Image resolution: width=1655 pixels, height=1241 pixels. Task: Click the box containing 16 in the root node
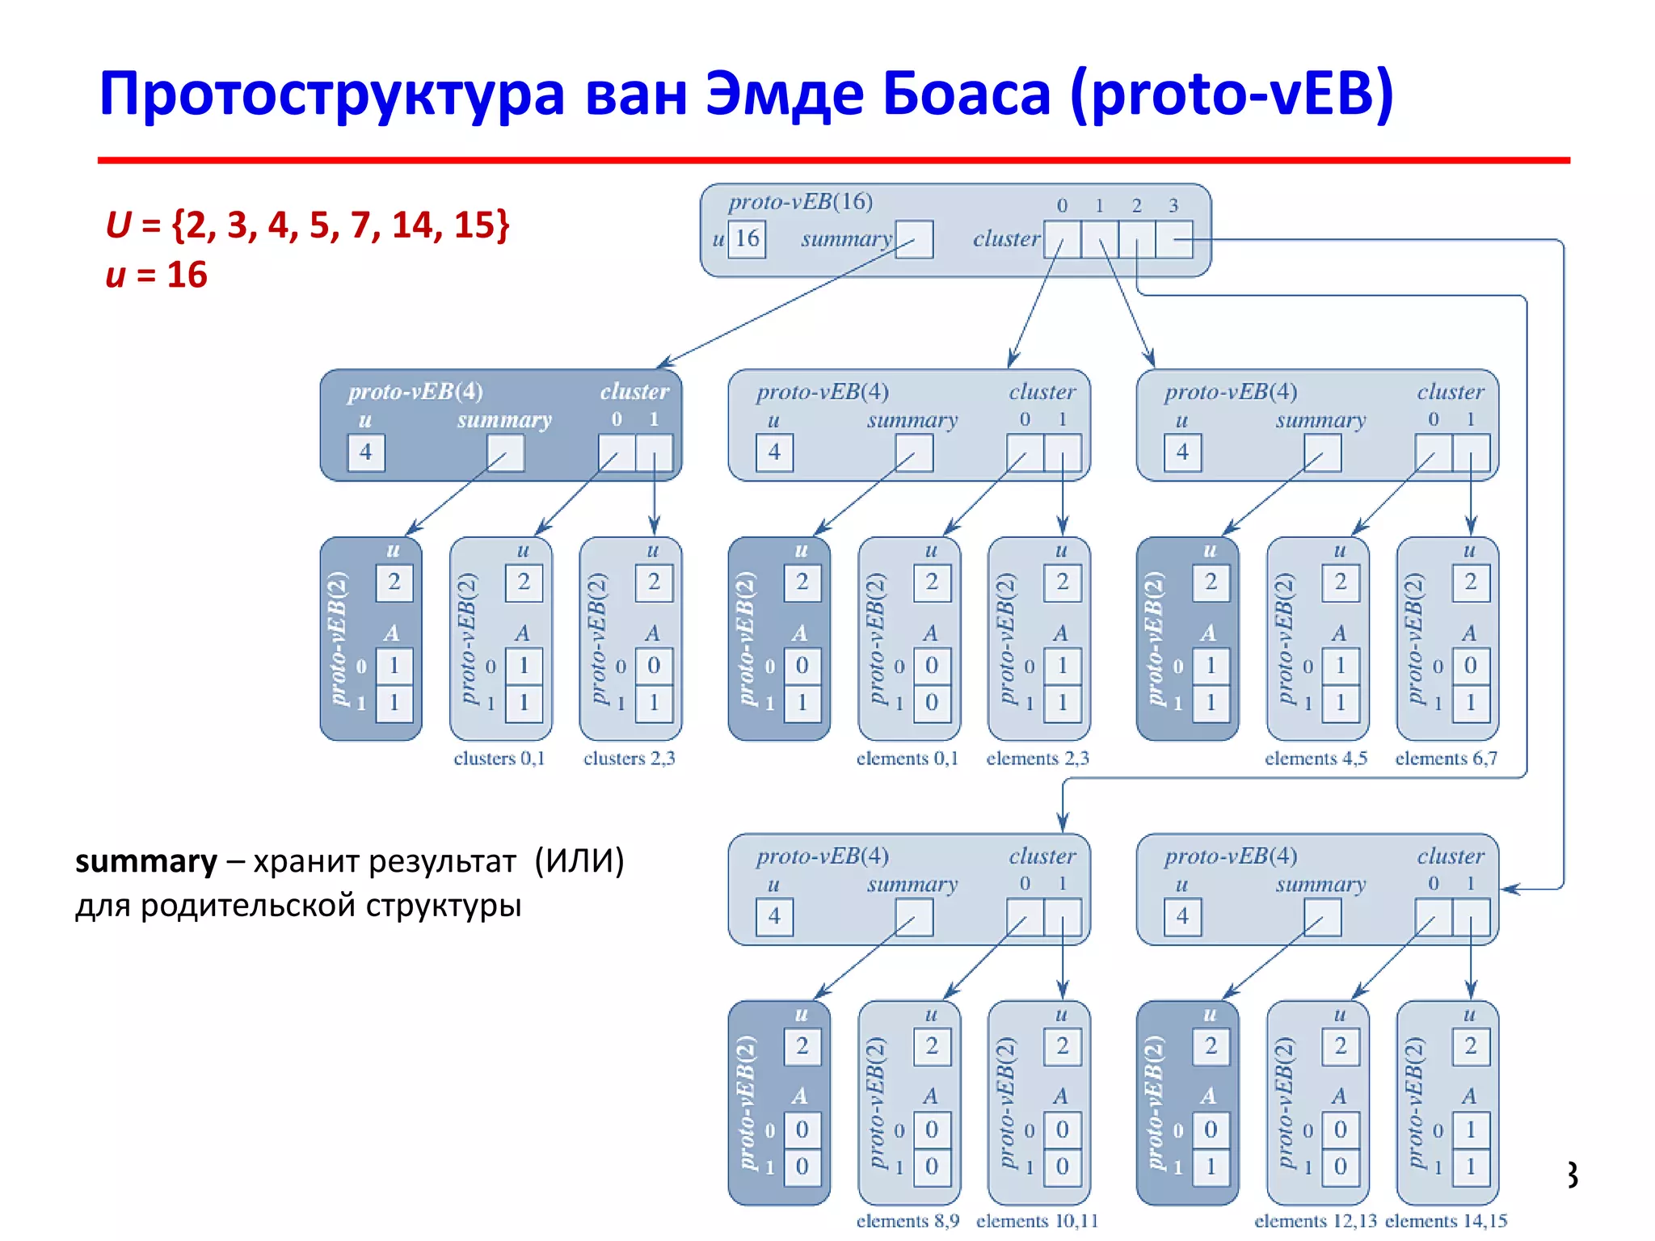coord(747,239)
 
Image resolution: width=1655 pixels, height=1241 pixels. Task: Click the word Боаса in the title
coord(966,94)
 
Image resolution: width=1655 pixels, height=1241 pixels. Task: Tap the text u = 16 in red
coord(157,276)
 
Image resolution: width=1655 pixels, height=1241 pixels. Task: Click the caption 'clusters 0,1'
coord(499,759)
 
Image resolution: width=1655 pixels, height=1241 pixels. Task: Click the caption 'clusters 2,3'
coord(630,759)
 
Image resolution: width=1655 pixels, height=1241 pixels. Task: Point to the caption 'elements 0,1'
coord(908,759)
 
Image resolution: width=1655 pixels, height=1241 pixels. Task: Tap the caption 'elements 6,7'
coord(1447,759)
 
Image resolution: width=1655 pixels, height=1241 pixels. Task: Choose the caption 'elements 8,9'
coord(908,1221)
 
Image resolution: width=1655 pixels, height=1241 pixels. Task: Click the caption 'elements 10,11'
coord(1038,1221)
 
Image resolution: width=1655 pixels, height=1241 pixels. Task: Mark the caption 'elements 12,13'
coord(1316,1221)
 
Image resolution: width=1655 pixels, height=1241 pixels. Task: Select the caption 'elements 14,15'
coord(1447,1221)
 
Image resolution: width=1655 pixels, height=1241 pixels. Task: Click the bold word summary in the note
coord(146,862)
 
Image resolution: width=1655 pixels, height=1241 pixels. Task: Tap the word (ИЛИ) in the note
coord(579,861)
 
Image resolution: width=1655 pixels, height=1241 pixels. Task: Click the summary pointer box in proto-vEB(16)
coord(914,240)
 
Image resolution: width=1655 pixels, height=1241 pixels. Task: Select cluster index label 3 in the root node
coord(1173,206)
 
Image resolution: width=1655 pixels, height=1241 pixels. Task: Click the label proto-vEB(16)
coord(800,202)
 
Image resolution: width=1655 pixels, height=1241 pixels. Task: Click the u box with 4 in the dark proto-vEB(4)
coord(366,452)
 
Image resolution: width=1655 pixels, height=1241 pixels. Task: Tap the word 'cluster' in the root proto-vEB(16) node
coord(1006,239)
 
